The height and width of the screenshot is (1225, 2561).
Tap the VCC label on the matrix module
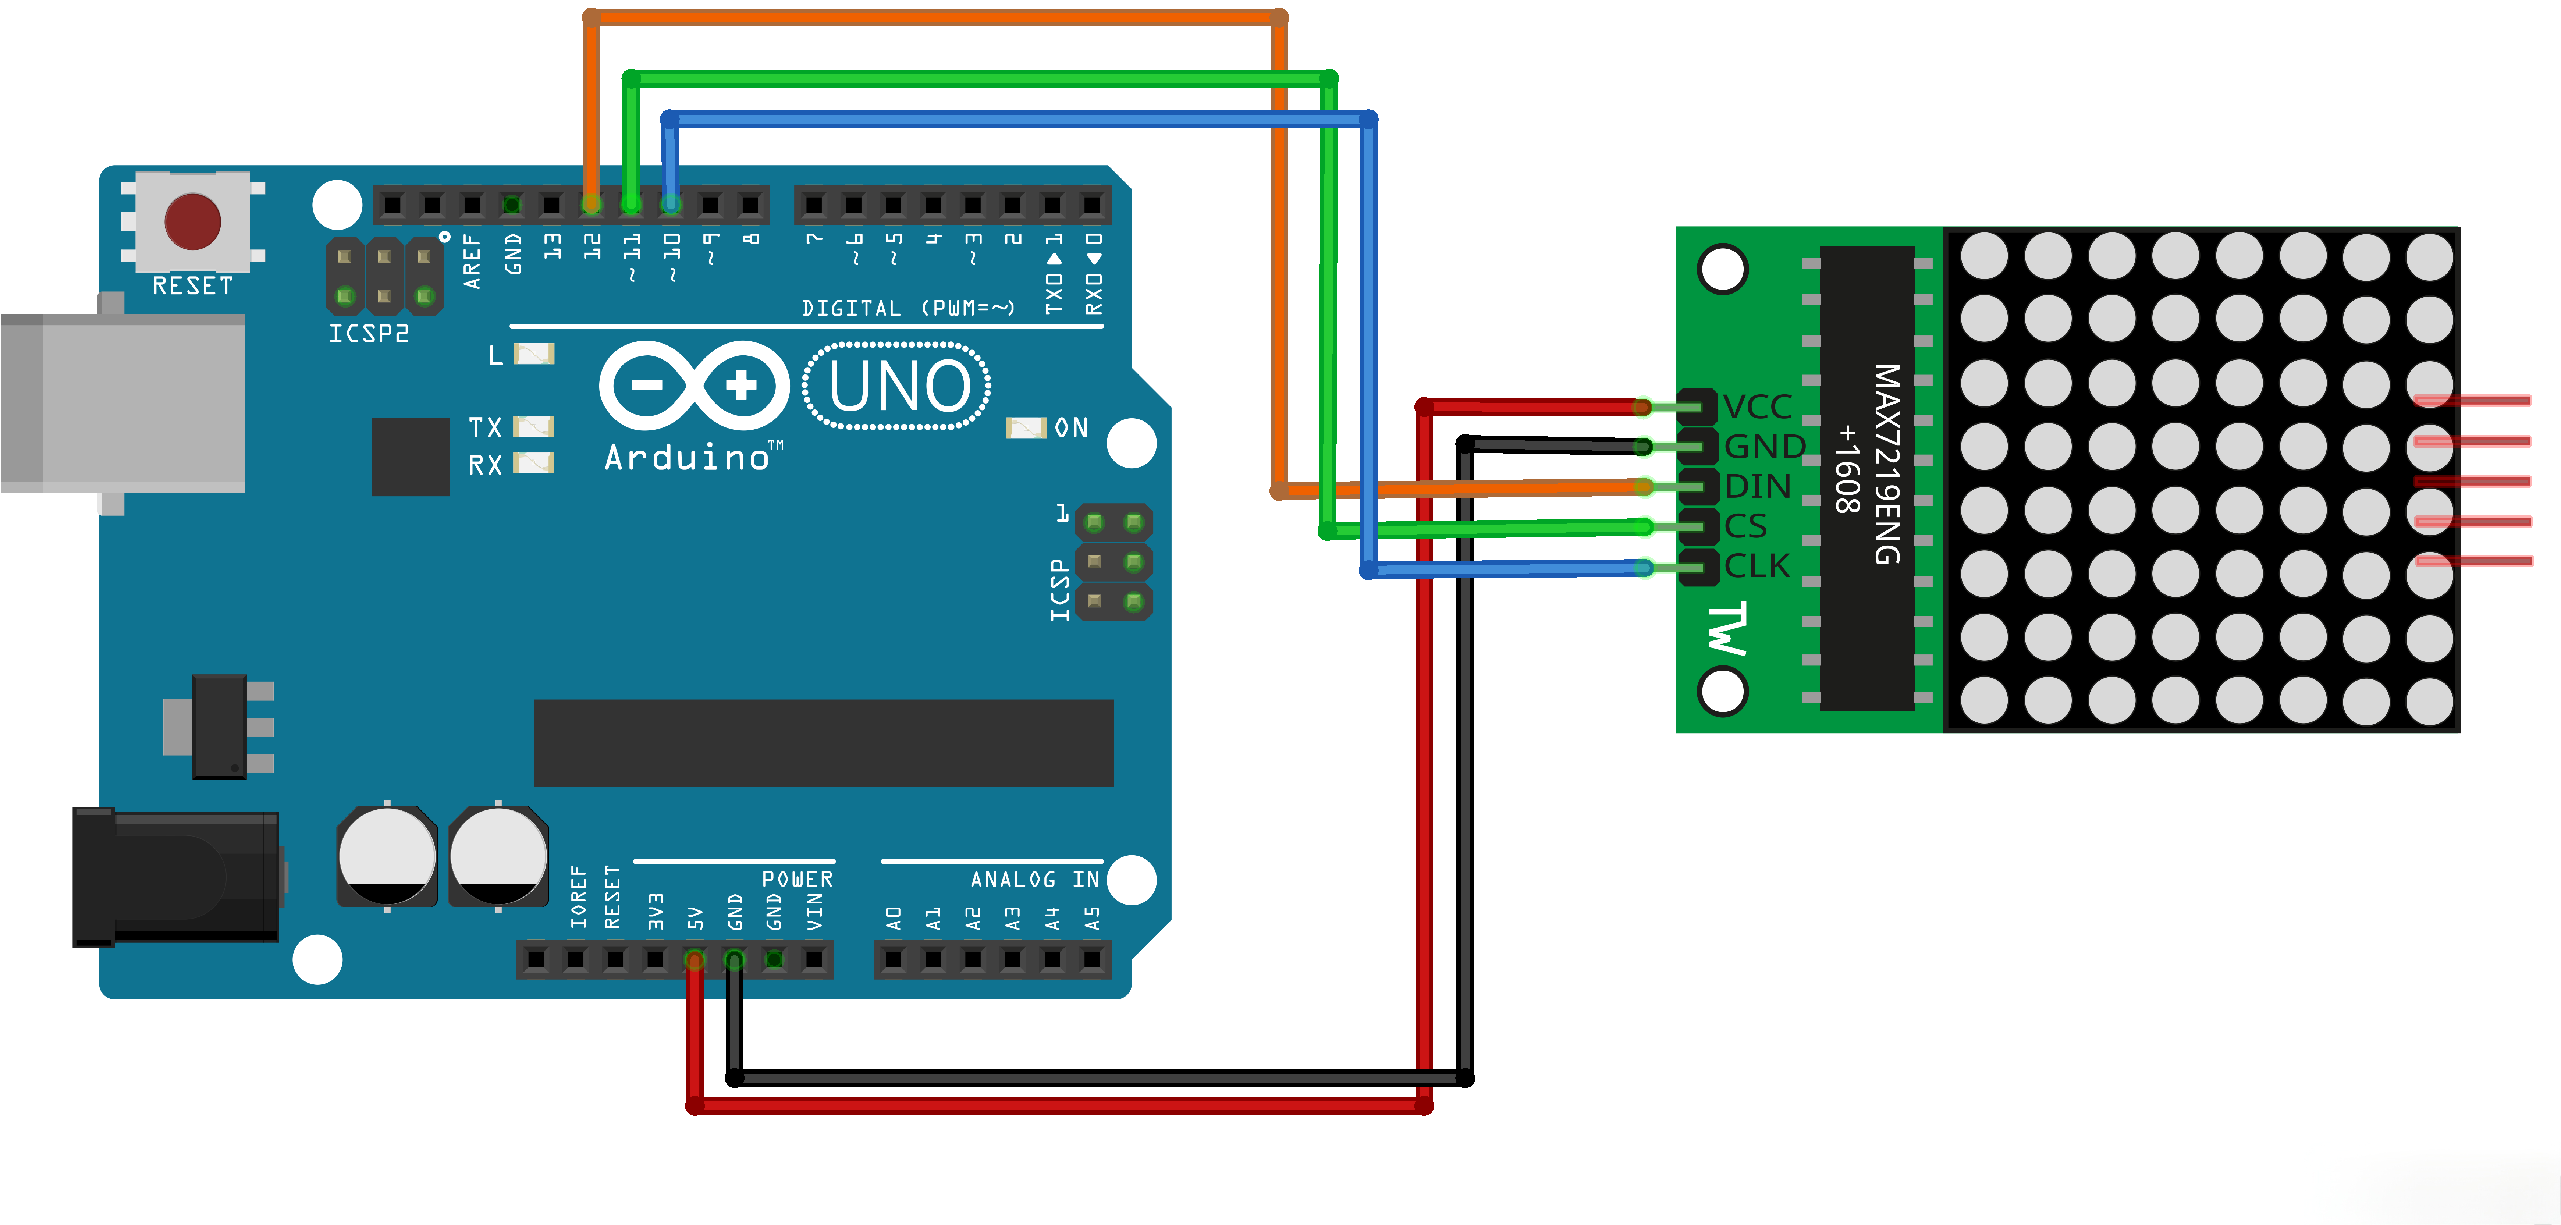pos(1757,406)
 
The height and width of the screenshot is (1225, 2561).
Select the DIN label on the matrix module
pos(1757,486)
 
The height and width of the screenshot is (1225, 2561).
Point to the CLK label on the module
pos(1757,566)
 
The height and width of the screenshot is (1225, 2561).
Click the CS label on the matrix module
pos(1746,526)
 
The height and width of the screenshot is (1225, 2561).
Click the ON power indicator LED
pos(1026,427)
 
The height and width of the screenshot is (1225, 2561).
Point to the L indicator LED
pos(534,354)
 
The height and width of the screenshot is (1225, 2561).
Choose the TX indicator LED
pos(534,427)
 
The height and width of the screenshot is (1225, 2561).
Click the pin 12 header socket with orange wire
pos(592,205)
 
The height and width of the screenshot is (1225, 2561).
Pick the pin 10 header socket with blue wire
pos(671,205)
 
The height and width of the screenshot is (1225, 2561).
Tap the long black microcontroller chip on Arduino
pos(823,743)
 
